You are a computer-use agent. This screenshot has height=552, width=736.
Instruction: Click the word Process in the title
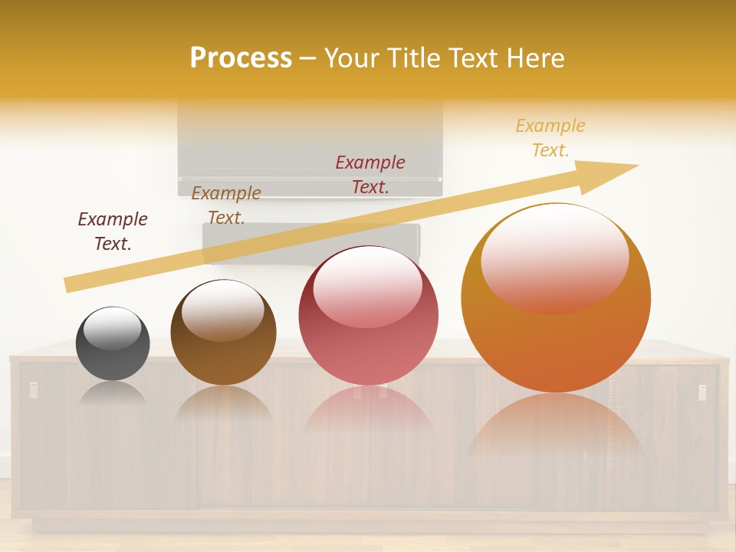point(241,58)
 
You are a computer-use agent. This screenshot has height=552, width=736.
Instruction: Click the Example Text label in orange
point(550,138)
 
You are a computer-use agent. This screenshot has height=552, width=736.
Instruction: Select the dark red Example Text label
point(370,174)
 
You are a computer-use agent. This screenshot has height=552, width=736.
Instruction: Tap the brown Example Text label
point(226,205)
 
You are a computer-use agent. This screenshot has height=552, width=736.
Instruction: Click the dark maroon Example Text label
point(113,231)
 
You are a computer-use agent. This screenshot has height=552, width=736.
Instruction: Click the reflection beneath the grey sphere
point(113,393)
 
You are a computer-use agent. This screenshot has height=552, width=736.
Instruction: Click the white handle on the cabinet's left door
point(33,390)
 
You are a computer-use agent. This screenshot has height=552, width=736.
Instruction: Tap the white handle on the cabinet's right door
point(702,393)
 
